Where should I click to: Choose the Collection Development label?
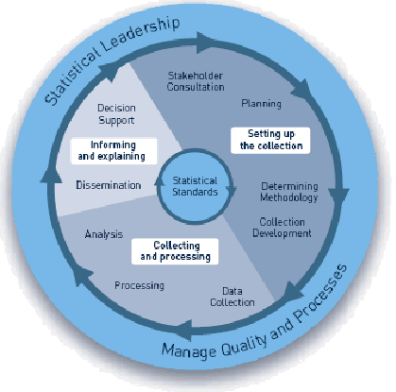284,228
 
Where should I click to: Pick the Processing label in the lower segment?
140,284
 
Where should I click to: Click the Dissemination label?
108,185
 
